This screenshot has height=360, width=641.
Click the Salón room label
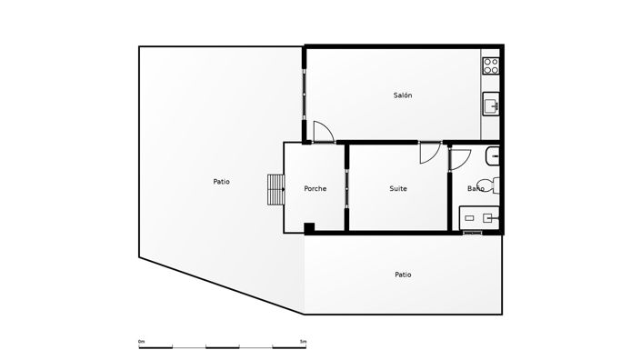403,95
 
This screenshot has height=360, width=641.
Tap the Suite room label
398,189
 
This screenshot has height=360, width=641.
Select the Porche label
315,189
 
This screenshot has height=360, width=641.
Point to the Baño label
476,189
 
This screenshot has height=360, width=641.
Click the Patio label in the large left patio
221,182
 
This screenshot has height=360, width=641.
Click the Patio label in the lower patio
403,275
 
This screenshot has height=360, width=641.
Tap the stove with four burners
491,65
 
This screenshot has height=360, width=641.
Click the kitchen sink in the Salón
492,105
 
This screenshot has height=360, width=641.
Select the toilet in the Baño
494,185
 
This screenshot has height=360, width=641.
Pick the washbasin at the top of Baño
494,155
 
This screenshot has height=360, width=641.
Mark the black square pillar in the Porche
309,227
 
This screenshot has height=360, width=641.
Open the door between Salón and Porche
323,132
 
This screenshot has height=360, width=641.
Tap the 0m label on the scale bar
141,342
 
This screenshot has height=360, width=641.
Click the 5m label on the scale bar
303,342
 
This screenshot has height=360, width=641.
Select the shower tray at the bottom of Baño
480,217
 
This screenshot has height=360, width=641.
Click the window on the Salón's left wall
305,94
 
